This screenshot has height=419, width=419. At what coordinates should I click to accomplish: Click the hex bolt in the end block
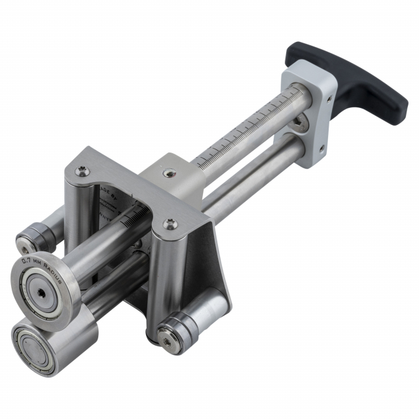299,122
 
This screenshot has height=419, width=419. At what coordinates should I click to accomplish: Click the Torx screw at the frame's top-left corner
82,172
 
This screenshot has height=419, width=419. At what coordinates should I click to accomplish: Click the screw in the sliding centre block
170,173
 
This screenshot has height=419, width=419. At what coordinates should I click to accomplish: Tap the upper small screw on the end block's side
328,99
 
